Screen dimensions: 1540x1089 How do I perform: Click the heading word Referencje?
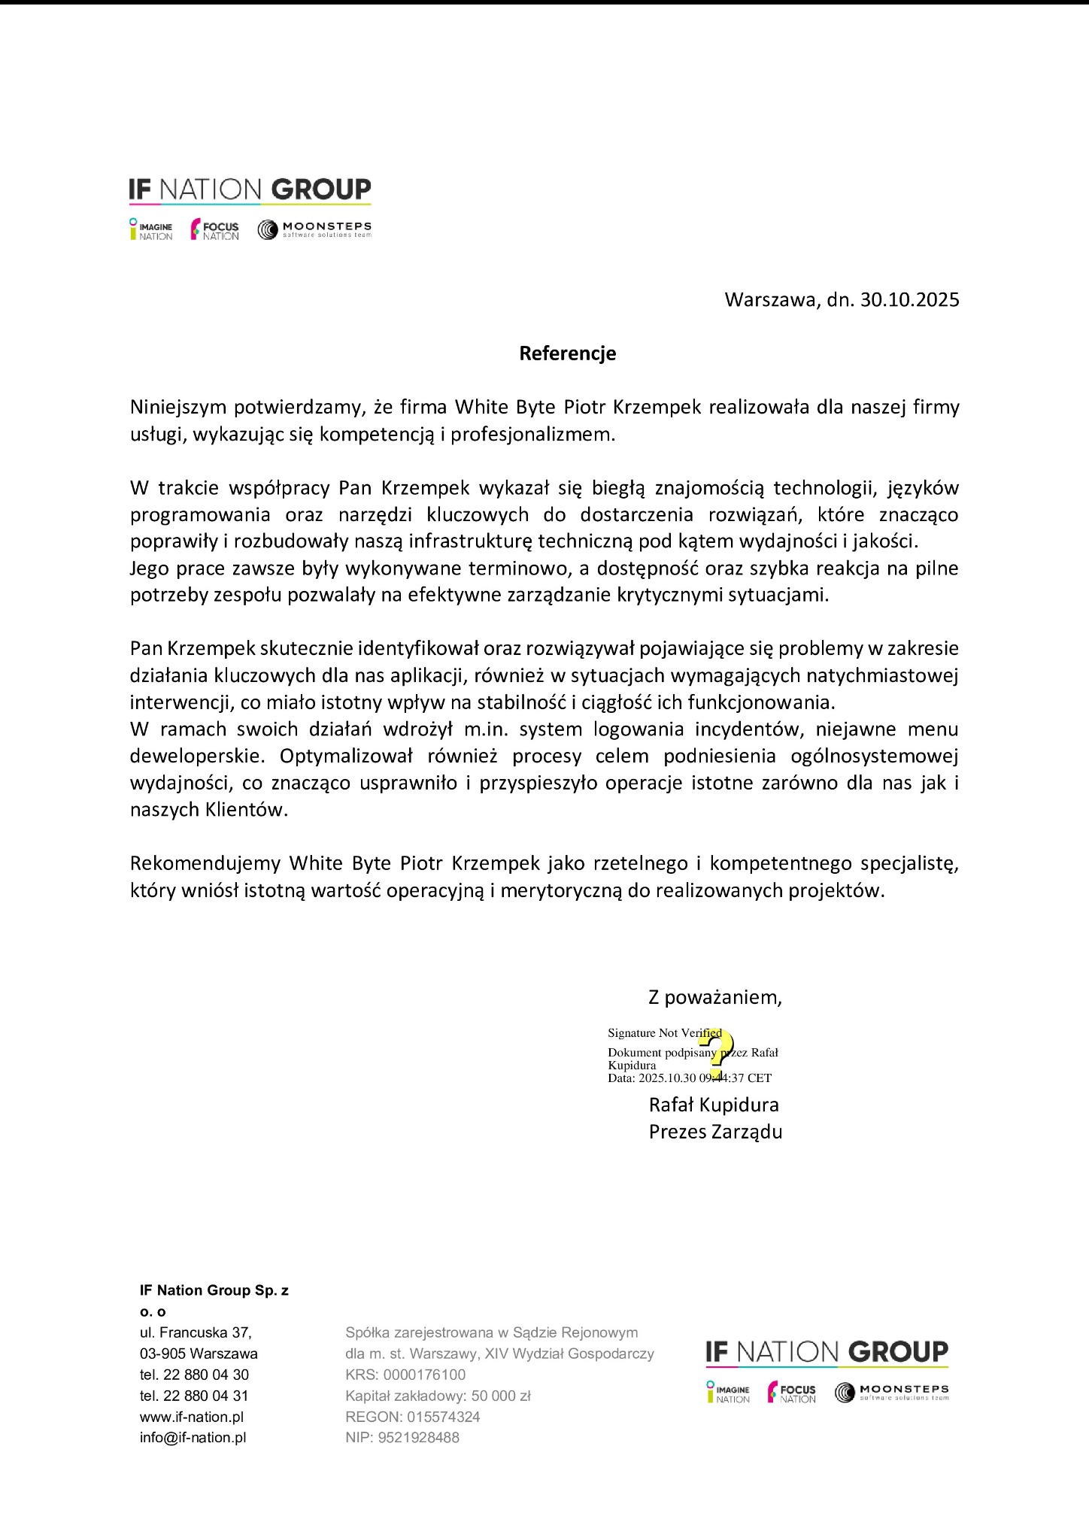point(567,353)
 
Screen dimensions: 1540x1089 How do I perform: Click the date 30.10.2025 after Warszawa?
point(909,300)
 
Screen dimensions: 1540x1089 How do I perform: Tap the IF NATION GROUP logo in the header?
point(250,189)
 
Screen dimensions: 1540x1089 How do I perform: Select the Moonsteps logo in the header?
point(314,229)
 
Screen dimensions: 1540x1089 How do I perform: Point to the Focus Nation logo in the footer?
point(792,1393)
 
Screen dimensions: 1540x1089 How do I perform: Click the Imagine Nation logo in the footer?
point(728,1393)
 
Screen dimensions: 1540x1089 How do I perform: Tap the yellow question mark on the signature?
point(716,1053)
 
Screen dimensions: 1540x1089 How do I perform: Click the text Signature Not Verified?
point(664,1033)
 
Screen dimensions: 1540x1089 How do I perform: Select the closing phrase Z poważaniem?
point(715,998)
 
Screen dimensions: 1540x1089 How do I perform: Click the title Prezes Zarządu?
point(715,1132)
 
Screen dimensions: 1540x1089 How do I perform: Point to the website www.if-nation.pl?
point(192,1417)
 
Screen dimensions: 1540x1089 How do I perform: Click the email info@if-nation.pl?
point(193,1438)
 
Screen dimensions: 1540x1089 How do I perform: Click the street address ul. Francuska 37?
point(196,1332)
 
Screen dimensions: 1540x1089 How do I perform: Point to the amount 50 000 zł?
point(501,1396)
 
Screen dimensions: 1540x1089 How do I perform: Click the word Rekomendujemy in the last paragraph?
point(205,863)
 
